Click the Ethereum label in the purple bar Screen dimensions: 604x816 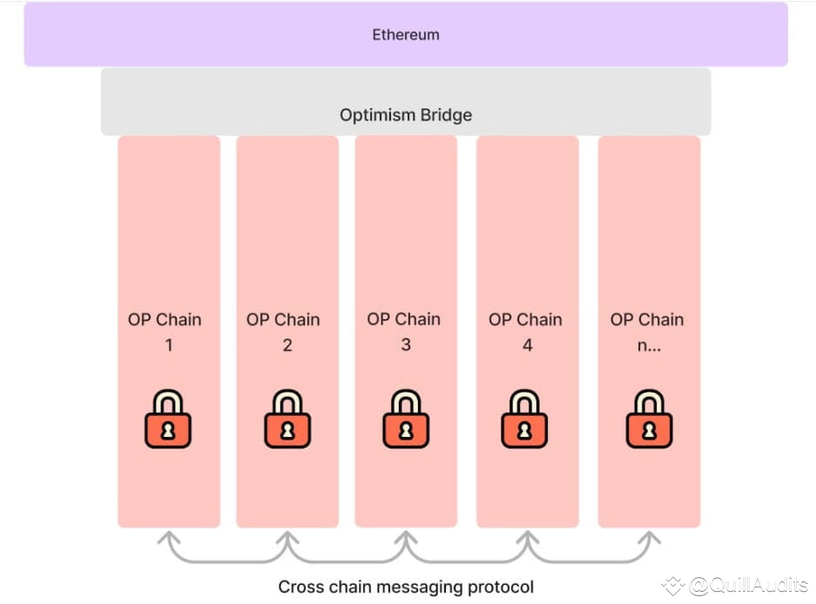point(406,36)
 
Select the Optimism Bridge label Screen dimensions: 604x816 point(406,115)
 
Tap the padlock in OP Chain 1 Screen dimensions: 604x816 point(168,419)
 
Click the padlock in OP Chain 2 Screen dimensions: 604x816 point(287,419)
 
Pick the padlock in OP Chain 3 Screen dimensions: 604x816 point(406,419)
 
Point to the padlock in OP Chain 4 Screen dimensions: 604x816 point(524,419)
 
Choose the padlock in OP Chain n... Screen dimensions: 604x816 point(649,419)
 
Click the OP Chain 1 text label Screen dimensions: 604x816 point(165,332)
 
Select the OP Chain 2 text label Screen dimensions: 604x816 point(284,332)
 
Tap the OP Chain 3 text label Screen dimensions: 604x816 point(404,332)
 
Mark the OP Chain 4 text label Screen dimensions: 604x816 point(525,332)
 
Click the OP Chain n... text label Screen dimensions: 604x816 point(647,332)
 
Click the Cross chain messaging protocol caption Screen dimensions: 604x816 point(406,587)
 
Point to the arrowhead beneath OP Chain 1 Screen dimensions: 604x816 point(169,538)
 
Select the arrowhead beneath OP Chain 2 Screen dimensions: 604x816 point(287,538)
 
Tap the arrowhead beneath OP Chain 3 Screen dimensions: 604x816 point(406,538)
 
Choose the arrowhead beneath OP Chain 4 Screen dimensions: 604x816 point(526,538)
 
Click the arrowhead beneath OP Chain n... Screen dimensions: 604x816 point(648,538)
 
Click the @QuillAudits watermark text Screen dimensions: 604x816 point(747,587)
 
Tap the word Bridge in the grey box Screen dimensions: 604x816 point(444,115)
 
